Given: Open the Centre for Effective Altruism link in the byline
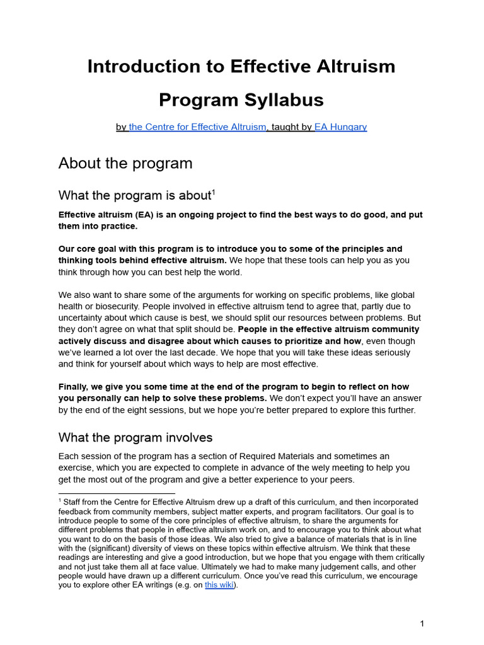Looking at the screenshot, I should pos(197,127).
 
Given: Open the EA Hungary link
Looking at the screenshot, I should pos(340,127).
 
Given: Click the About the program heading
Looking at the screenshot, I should pos(125,163).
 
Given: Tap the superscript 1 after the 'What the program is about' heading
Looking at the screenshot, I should pos(214,191).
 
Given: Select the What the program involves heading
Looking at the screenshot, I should pos(135,437).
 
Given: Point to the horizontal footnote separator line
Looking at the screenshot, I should pos(117,494).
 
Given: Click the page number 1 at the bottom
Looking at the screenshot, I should pos(422,624).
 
